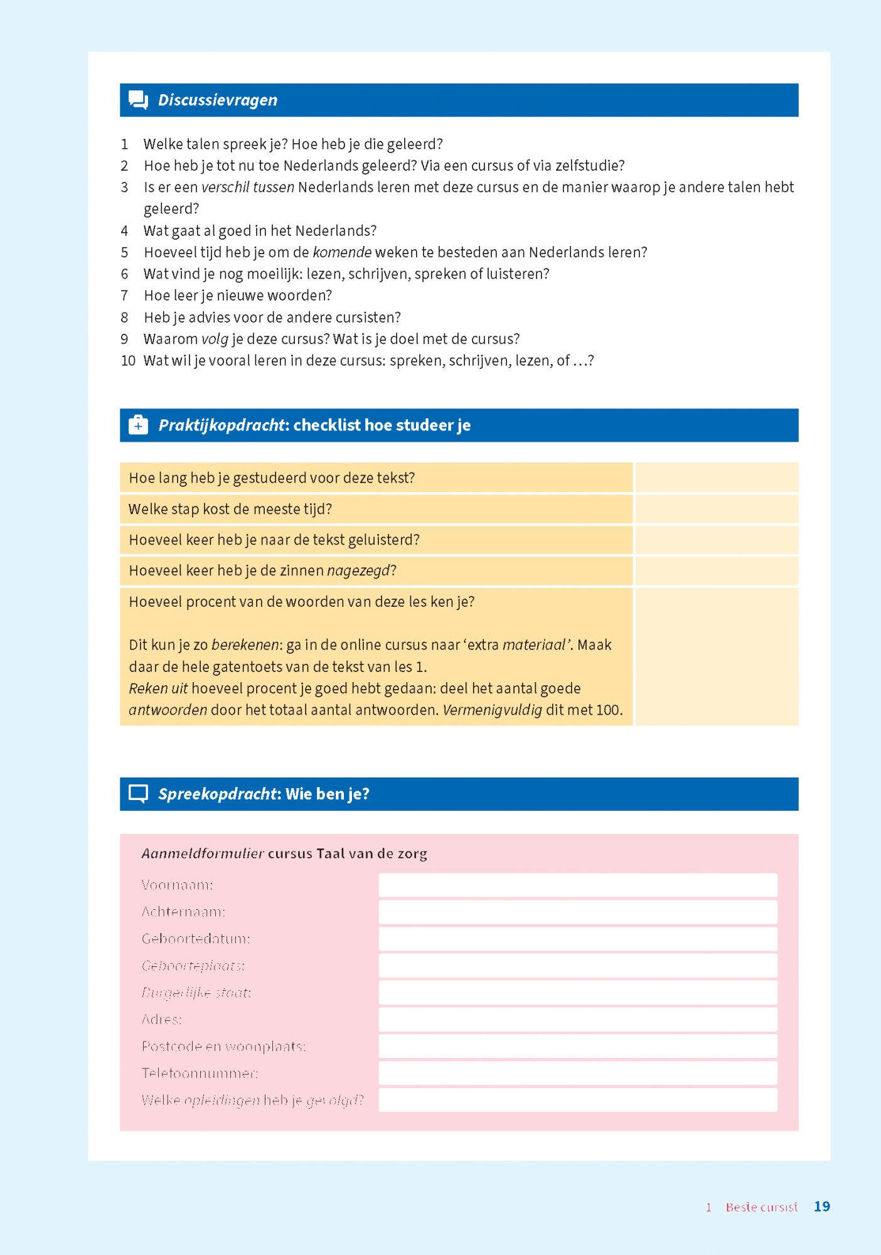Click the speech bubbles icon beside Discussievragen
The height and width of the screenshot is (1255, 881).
point(138,100)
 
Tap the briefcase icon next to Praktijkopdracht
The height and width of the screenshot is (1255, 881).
point(138,425)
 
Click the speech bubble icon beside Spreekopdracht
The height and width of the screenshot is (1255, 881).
point(138,794)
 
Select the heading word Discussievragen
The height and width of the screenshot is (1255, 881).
point(217,100)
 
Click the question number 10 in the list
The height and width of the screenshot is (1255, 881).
point(128,361)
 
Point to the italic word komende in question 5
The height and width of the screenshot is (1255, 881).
point(342,252)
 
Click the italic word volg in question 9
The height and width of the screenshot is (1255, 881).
point(215,339)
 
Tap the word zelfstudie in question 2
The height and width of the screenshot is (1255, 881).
point(586,166)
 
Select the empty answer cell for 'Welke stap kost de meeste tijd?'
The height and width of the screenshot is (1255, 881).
point(716,509)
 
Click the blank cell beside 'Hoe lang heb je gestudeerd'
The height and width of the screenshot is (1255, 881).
point(716,478)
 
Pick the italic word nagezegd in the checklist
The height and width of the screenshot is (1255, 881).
point(361,571)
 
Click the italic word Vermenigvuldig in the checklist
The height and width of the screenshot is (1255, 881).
point(492,710)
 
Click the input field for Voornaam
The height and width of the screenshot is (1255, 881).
point(577,885)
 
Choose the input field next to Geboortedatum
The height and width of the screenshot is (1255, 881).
point(577,939)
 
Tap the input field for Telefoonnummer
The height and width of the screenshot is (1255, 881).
point(577,1073)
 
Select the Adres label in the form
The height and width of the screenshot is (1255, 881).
point(161,1020)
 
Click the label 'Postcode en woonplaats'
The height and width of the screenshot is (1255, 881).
point(223,1047)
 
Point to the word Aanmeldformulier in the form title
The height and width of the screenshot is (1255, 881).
point(203,853)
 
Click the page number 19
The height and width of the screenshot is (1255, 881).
point(821,1207)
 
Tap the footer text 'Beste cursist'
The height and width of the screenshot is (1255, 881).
point(761,1207)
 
